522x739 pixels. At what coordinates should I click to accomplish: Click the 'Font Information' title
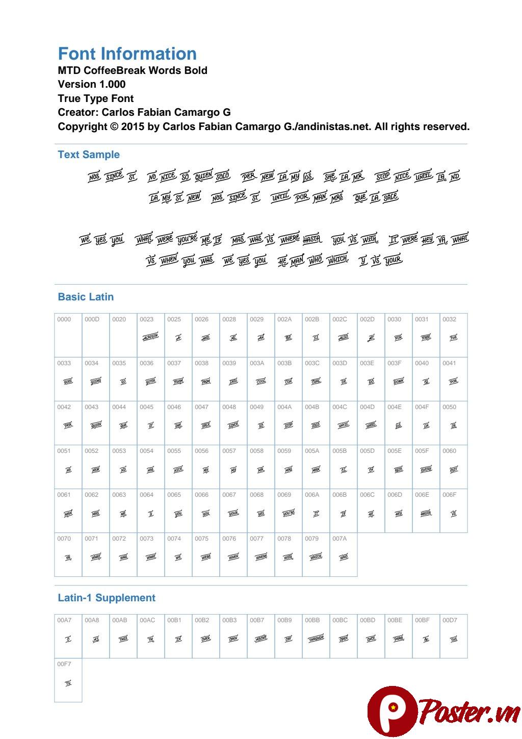[x=127, y=54]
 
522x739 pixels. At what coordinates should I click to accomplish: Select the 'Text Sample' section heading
[x=89, y=155]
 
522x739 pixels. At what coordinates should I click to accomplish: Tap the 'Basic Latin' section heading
[x=86, y=297]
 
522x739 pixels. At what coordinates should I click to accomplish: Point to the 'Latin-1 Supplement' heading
[x=107, y=598]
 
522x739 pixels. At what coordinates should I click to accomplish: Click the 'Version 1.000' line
[x=92, y=85]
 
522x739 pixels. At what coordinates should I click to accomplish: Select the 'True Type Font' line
[x=96, y=98]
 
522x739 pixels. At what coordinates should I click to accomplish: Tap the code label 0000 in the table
[x=64, y=320]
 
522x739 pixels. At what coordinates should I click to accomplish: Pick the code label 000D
[x=92, y=320]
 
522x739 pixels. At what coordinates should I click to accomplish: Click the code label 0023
[x=146, y=320]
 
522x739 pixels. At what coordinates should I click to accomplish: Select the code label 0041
[x=449, y=364]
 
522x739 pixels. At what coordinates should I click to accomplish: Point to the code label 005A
[x=312, y=451]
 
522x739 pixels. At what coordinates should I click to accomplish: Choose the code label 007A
[x=340, y=539]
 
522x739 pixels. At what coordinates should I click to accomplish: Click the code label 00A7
[x=64, y=621]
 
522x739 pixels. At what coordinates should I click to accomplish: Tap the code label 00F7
[x=64, y=665]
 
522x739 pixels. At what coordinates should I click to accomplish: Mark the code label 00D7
[x=450, y=621]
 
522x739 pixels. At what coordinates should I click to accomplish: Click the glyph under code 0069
[x=289, y=514]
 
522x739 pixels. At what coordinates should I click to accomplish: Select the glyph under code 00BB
[x=316, y=639]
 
